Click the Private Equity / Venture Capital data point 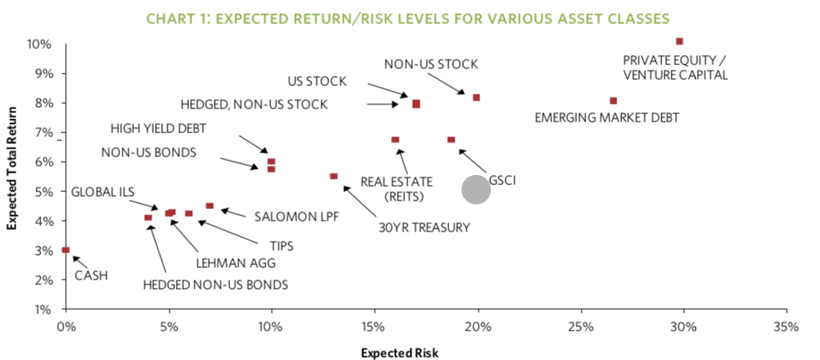tap(680, 41)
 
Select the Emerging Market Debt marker tap(613, 101)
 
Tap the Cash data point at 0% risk tap(66, 250)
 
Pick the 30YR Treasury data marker tap(334, 177)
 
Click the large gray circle tap(476, 190)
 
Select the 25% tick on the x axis tap(580, 327)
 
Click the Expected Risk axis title tap(400, 352)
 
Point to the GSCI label tap(502, 180)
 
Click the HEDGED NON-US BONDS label tap(215, 284)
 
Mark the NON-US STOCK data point tap(476, 98)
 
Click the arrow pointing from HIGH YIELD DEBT tap(252, 144)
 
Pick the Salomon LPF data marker tap(209, 206)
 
